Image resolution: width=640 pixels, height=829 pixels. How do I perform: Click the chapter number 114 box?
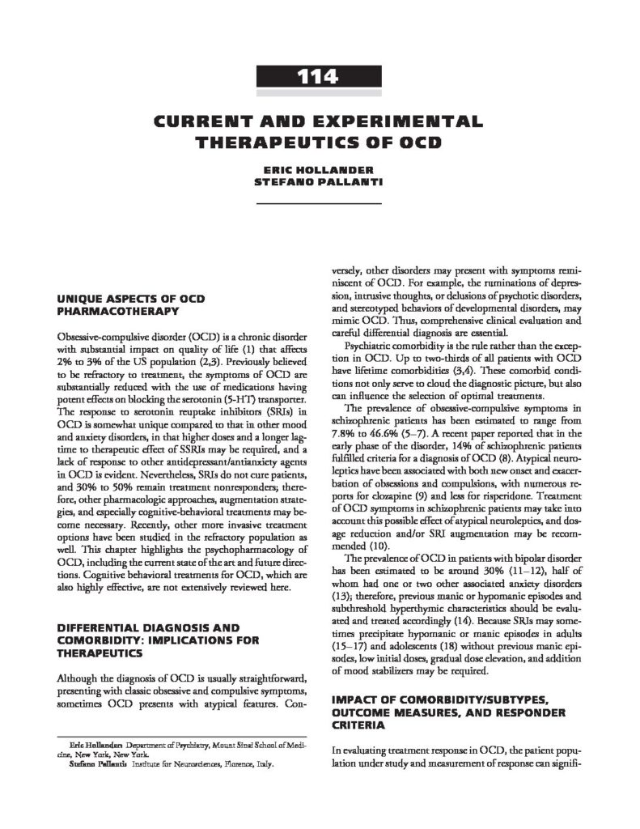[x=319, y=78]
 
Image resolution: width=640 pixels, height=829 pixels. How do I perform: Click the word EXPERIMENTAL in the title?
[x=397, y=122]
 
